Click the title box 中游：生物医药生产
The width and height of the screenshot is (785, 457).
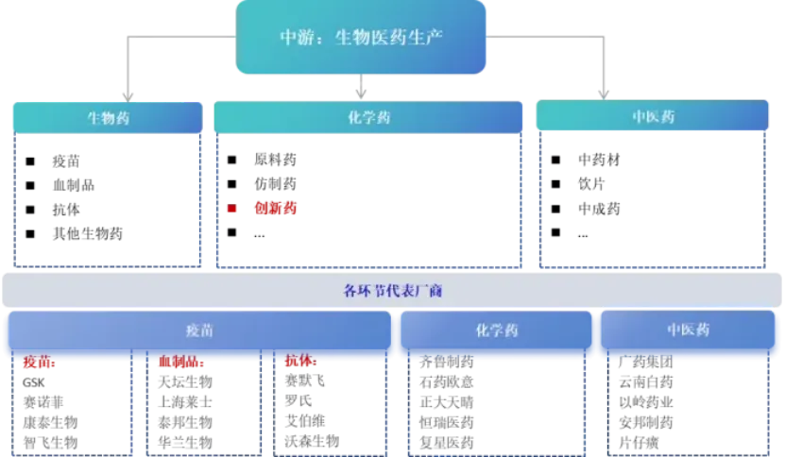362,38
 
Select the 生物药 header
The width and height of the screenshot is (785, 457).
108,118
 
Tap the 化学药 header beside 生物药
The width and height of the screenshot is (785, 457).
368,118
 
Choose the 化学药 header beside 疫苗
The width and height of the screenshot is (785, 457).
497,330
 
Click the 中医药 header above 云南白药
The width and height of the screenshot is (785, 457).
688,330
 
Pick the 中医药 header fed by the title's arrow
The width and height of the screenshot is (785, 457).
654,118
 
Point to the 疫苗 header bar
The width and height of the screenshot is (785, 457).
198,331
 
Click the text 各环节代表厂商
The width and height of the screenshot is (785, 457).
392,291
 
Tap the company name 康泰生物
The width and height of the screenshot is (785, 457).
52,422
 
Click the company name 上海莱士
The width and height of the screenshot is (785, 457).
186,402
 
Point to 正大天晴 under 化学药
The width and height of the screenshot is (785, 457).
447,402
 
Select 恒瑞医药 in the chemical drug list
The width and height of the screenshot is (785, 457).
447,422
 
